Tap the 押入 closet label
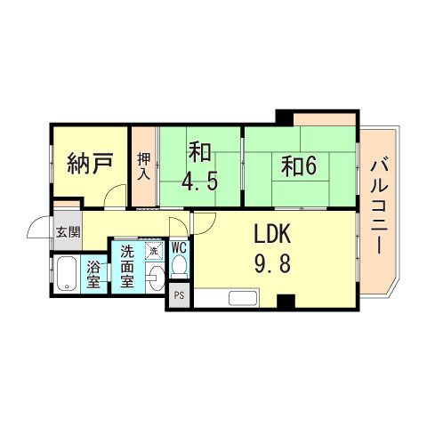143,166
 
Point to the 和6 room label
299,165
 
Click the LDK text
274,235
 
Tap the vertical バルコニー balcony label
379,204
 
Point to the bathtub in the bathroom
67,274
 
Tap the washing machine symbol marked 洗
154,251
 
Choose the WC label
179,248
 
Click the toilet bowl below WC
179,266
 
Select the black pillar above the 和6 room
284,117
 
